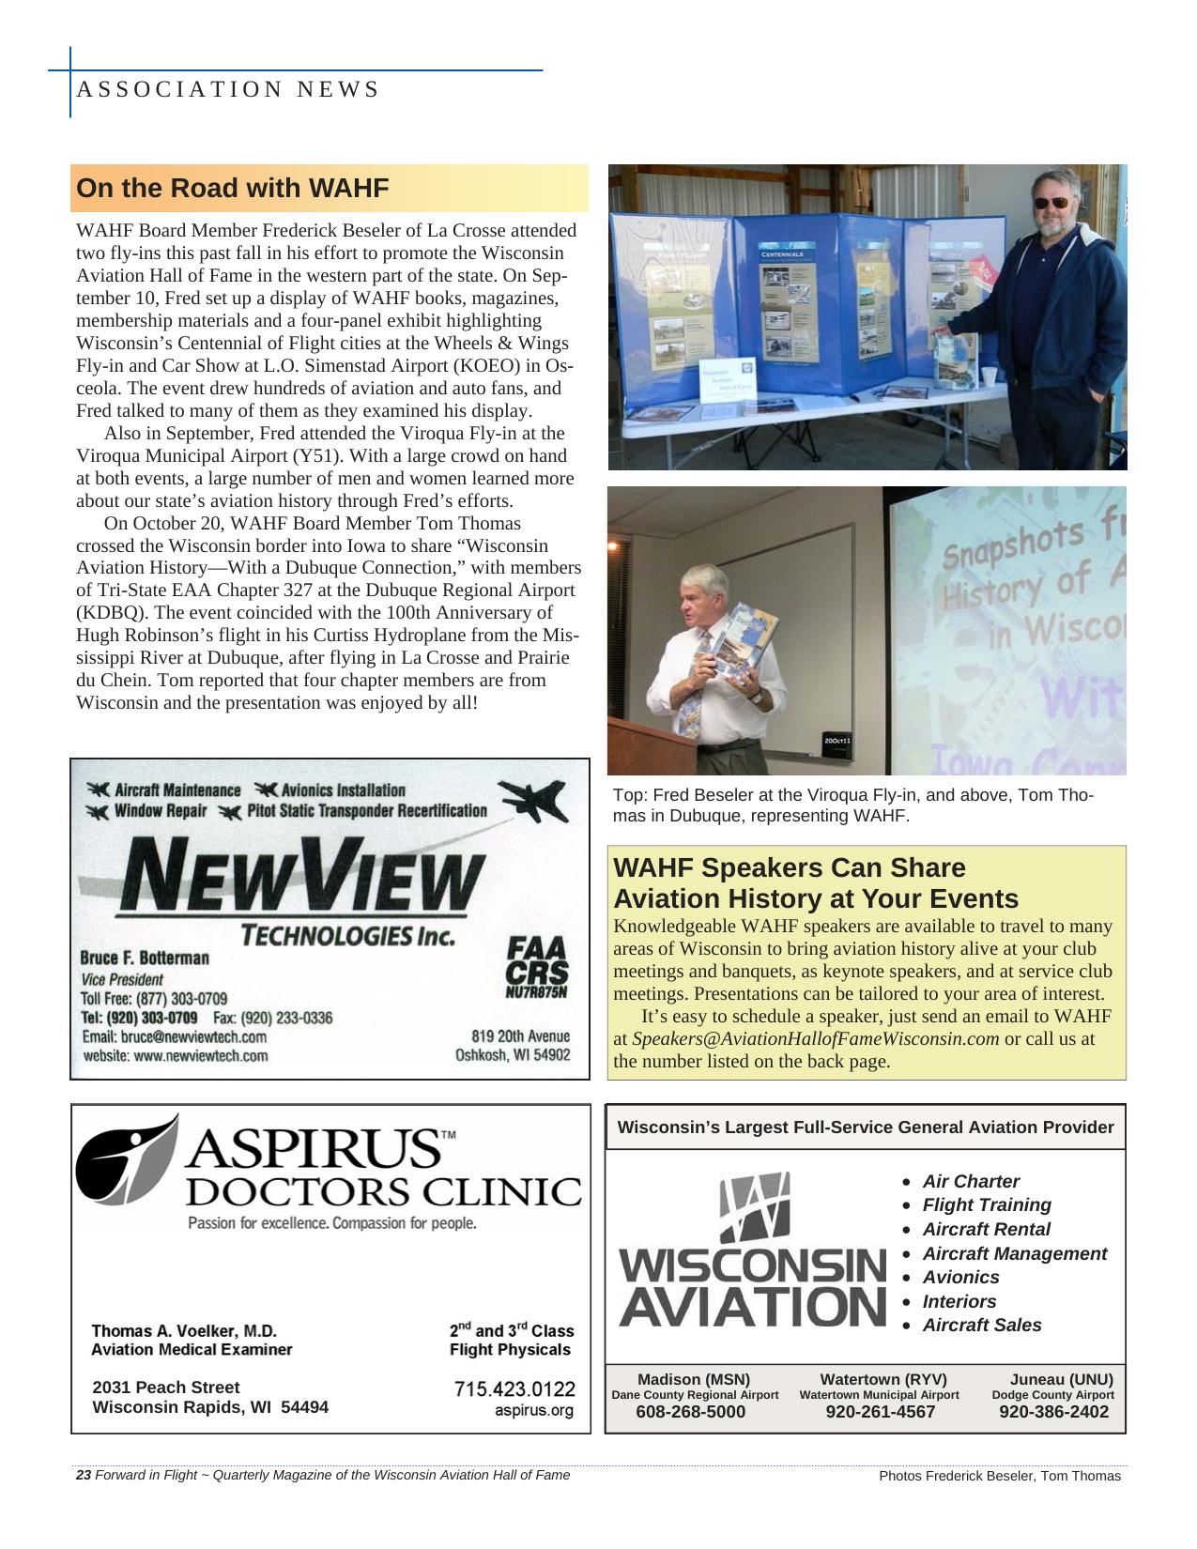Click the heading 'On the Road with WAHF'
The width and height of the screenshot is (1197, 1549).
232,188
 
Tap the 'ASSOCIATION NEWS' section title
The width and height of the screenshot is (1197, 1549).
227,89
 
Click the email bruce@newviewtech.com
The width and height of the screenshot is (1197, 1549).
175,1037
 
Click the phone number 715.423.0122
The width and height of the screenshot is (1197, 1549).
514,1388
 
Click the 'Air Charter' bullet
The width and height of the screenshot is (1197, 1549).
970,1181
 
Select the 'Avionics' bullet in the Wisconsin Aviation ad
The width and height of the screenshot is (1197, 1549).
960,1277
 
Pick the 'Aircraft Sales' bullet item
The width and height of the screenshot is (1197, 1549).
981,1325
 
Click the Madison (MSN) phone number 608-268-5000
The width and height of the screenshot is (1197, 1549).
690,1411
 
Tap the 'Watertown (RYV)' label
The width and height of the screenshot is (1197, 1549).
882,1379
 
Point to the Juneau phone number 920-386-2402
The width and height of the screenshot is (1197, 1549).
1053,1411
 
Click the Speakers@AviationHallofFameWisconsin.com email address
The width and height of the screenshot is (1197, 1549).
815,1039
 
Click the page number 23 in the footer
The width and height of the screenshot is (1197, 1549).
83,1475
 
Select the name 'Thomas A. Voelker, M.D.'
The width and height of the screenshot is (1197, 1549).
184,1330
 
